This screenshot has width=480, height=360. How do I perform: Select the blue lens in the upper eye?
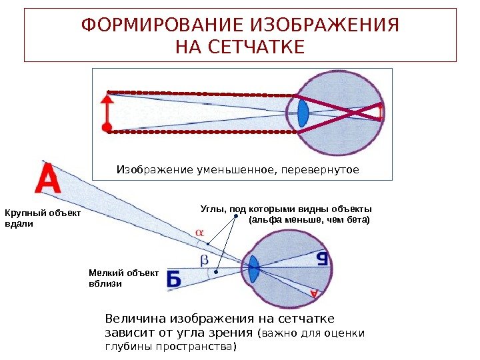coord(303,112)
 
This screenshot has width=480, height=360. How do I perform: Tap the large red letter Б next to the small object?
coord(173,281)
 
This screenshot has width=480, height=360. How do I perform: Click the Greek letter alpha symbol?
coord(199,231)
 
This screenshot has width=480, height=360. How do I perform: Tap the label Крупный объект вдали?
coord(42,219)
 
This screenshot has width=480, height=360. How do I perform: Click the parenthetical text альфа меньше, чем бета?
coord(308,219)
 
